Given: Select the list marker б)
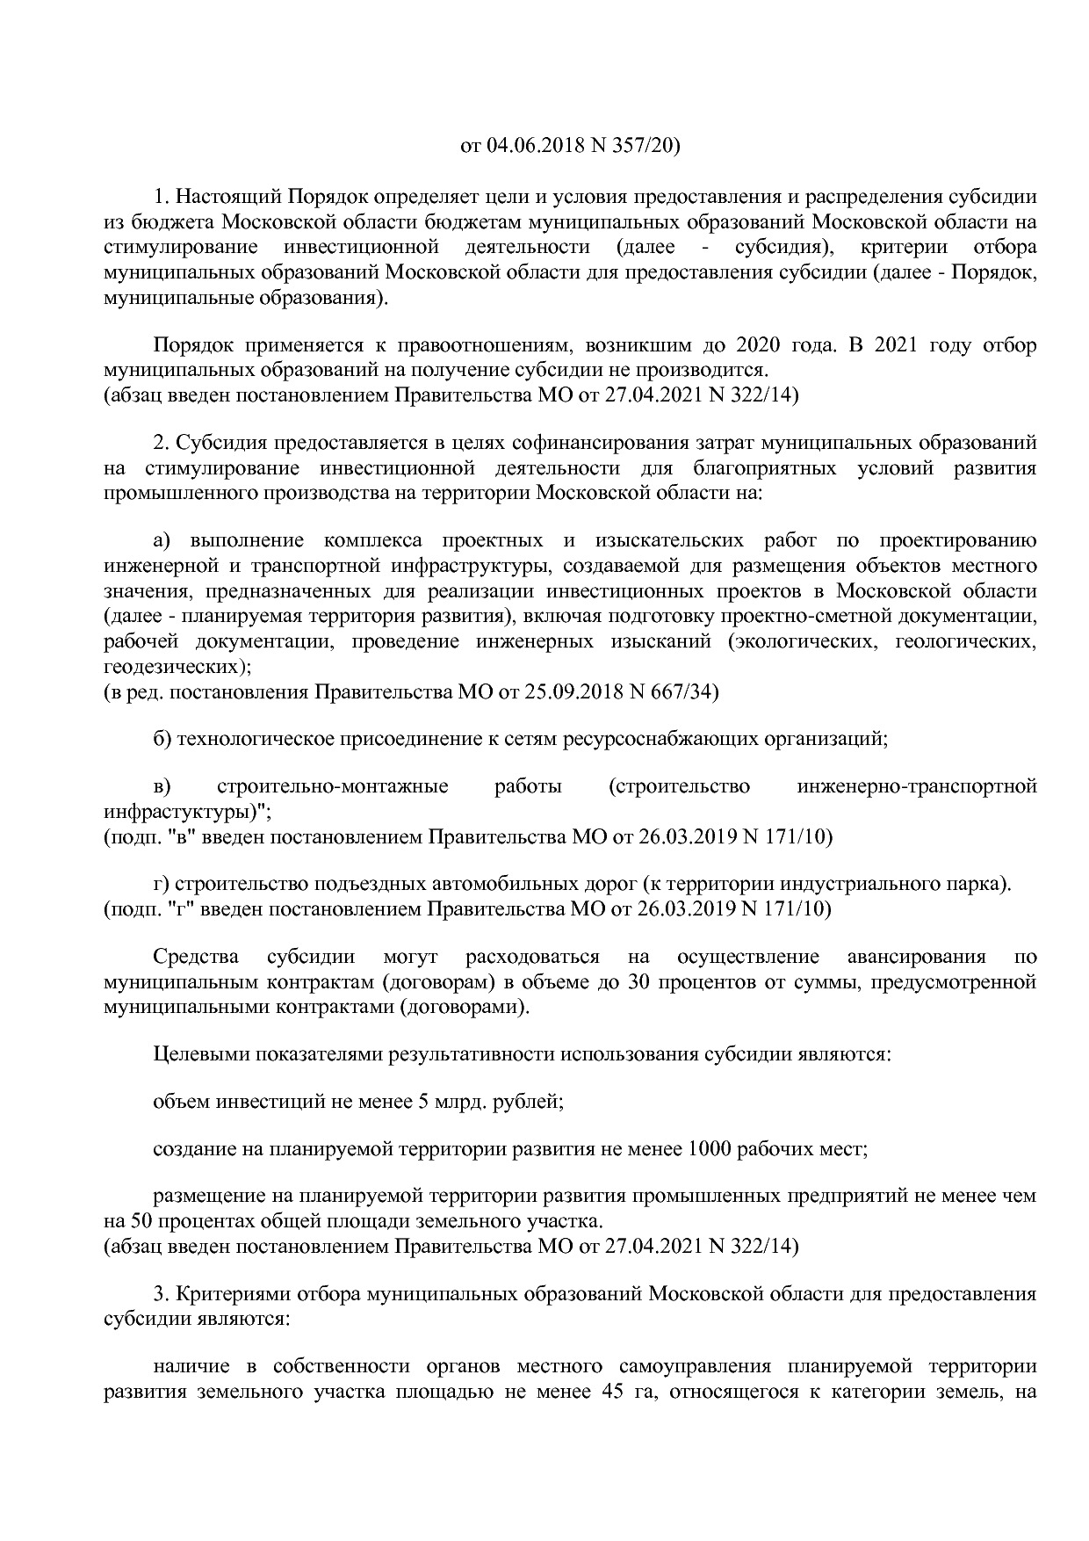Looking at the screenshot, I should [x=162, y=739].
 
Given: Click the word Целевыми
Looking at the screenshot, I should [x=201, y=1053].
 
